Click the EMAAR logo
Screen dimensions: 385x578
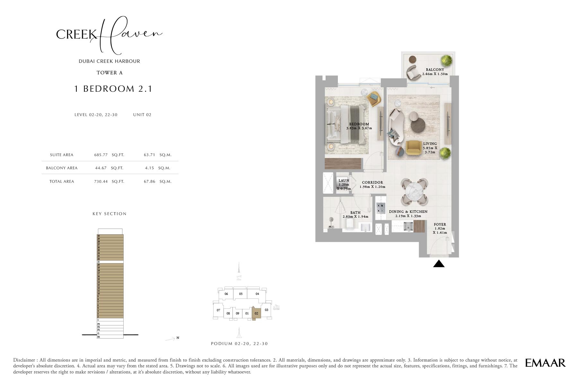point(545,363)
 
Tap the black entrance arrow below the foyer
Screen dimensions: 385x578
point(439,264)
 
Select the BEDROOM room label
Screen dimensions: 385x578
point(359,124)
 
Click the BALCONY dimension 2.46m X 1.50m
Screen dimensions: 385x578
point(435,74)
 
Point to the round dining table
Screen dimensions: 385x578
point(414,191)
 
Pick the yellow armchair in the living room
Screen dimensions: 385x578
point(414,148)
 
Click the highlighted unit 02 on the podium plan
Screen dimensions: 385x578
point(256,313)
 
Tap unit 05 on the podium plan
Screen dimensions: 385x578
point(241,294)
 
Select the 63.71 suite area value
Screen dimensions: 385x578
point(149,155)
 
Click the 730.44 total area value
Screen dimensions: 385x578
point(101,181)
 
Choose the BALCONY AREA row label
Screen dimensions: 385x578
point(62,168)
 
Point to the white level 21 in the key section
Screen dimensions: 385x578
point(110,262)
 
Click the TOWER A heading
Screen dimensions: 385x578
point(109,73)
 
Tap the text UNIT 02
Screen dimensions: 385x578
point(142,115)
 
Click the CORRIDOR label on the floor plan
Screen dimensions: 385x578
point(372,182)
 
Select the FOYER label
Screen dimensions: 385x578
point(440,224)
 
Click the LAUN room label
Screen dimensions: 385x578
point(344,180)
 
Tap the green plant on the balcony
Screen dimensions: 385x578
point(446,60)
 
